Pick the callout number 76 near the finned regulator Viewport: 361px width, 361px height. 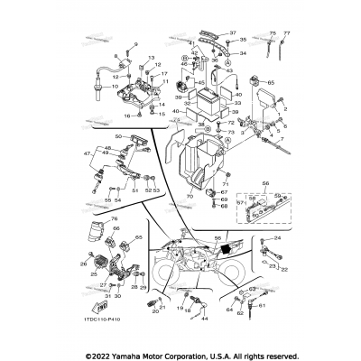coord(116,219)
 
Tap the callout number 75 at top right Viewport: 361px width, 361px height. coord(273,32)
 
